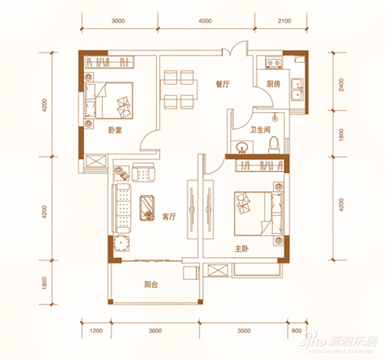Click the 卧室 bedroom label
pos(115,130)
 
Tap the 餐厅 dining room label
pos(222,84)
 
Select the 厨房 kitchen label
pos(273,84)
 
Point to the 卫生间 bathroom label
pos(260,130)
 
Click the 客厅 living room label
pos(169,216)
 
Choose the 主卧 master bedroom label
pos(242,249)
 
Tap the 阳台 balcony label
pos(150,284)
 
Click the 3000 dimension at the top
pos(118,21)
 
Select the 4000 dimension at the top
pos(205,21)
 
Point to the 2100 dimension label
pos(284,21)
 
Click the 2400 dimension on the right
pos(341,85)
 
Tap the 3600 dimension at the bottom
pos(155,331)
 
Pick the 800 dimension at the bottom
pos(297,331)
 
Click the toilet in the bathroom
pos(274,145)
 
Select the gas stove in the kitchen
pos(274,62)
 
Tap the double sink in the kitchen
pos(297,89)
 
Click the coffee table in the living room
pos(147,208)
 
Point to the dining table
pos(178,90)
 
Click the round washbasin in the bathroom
pos(242,147)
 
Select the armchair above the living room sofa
pos(143,172)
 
